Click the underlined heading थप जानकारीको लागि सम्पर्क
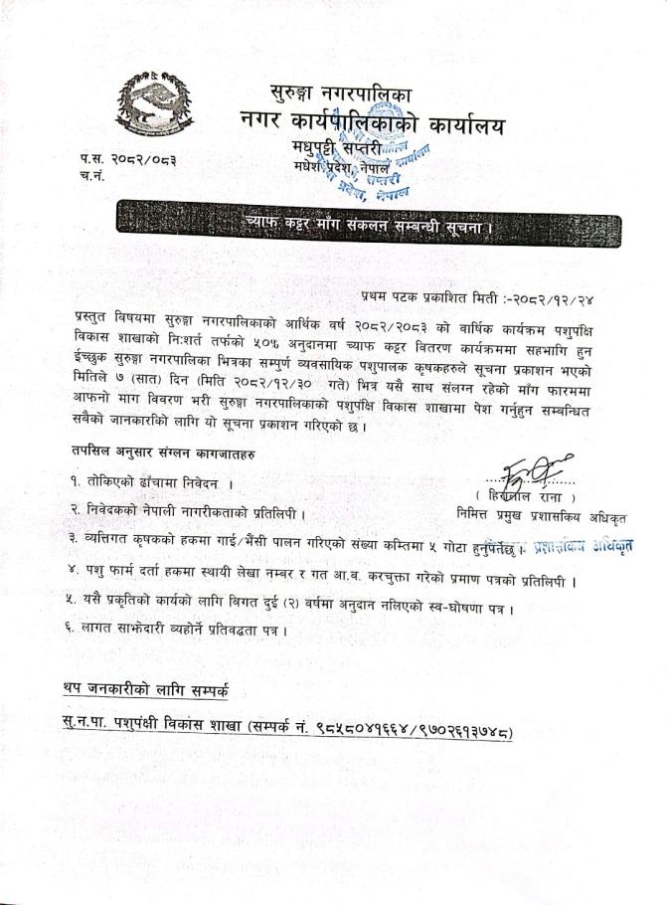pyautogui.click(x=149, y=690)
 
